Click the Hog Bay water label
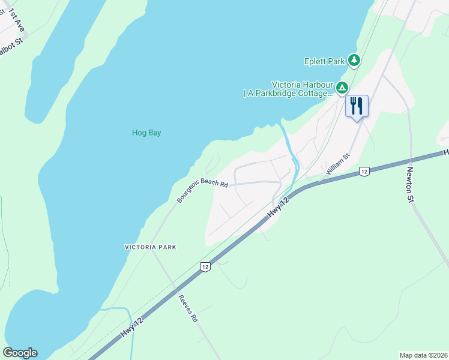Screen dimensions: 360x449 pyautogui.click(x=146, y=133)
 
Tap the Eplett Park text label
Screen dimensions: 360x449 pyautogui.click(x=325, y=61)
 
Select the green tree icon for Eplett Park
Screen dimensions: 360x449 pyautogui.click(x=354, y=60)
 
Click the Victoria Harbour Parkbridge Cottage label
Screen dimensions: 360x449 pyautogui.click(x=288, y=89)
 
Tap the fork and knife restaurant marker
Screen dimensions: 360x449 pyautogui.click(x=357, y=106)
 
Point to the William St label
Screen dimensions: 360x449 pyautogui.click(x=337, y=164)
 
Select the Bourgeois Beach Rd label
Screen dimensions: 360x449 pyautogui.click(x=202, y=190)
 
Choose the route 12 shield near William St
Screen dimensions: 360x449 pyautogui.click(x=364, y=172)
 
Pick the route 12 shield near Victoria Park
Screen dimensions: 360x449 pyautogui.click(x=205, y=266)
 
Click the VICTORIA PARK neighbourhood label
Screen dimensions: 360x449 pyautogui.click(x=150, y=247)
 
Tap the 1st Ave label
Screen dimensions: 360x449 pyautogui.click(x=16, y=20)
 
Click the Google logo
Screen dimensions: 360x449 pyautogui.click(x=20, y=353)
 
